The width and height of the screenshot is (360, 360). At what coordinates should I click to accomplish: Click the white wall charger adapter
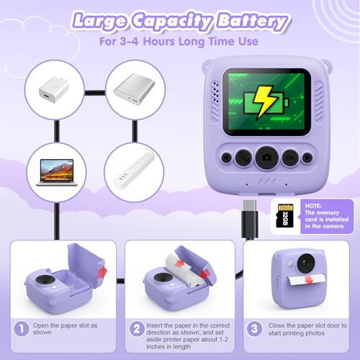coord(54,90)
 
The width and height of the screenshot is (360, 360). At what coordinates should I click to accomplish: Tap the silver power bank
coord(135,89)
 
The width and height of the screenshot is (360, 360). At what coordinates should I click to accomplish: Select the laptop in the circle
coord(57,172)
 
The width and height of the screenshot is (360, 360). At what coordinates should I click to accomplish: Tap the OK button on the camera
coord(290,158)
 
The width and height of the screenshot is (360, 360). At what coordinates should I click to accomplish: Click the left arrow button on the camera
coord(226,158)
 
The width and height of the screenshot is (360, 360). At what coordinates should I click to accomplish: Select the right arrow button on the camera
coord(307,158)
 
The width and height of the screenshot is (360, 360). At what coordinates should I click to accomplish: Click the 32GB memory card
coord(285,215)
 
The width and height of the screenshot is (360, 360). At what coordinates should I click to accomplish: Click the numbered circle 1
coord(22,328)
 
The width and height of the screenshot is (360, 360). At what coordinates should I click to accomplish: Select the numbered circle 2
coord(137,328)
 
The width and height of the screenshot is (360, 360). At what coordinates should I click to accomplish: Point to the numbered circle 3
coord(254,328)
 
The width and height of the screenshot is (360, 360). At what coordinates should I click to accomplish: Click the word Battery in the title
coord(253,21)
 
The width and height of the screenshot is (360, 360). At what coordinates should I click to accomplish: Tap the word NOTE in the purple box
coord(313,206)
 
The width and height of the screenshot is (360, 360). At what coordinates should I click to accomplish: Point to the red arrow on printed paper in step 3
coord(309,279)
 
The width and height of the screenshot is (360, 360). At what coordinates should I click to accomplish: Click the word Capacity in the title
coord(172,21)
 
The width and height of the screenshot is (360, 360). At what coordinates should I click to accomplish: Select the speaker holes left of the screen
coord(215,92)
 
